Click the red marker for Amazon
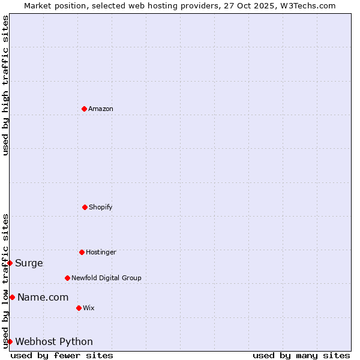84,109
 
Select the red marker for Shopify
85,207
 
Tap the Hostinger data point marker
82,252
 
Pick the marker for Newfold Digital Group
67,278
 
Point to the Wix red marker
79,308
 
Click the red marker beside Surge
10,263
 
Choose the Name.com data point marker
12,297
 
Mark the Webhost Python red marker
10,341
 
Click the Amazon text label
101,109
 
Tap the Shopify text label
101,207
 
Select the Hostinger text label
101,252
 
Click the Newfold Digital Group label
106,278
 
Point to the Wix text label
89,308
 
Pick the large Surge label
29,263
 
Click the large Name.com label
43,297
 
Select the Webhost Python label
54,341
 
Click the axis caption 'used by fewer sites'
62,355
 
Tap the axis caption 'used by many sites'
301,355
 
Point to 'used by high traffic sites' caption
5,85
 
